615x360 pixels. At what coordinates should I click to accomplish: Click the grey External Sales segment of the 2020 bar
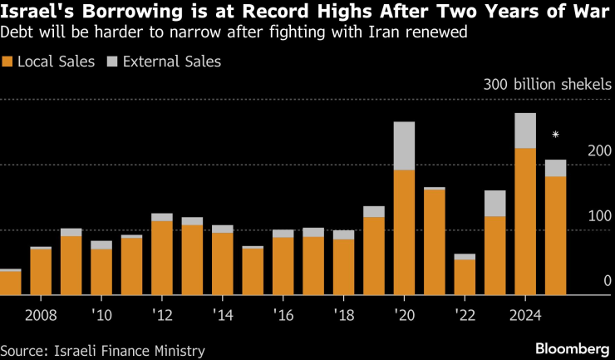(404, 145)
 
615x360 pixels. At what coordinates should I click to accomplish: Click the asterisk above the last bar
(554, 135)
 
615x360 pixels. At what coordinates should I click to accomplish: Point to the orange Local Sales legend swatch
(7, 62)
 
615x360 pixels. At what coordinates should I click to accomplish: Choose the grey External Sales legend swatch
(113, 62)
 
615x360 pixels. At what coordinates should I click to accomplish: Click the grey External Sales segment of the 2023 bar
(494, 203)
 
